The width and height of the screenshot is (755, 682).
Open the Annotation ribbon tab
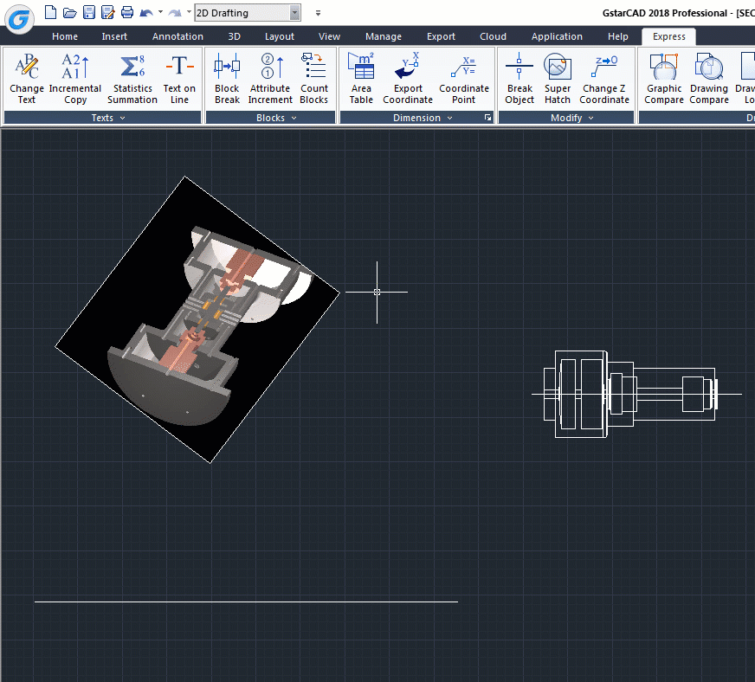[x=177, y=36]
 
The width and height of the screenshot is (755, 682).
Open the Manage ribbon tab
[x=384, y=36]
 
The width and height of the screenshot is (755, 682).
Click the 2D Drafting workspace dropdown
[x=248, y=12]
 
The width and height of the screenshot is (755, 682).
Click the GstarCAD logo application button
[x=19, y=17]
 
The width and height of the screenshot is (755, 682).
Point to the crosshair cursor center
[x=377, y=292]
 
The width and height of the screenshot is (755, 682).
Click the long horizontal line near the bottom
[x=246, y=601]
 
